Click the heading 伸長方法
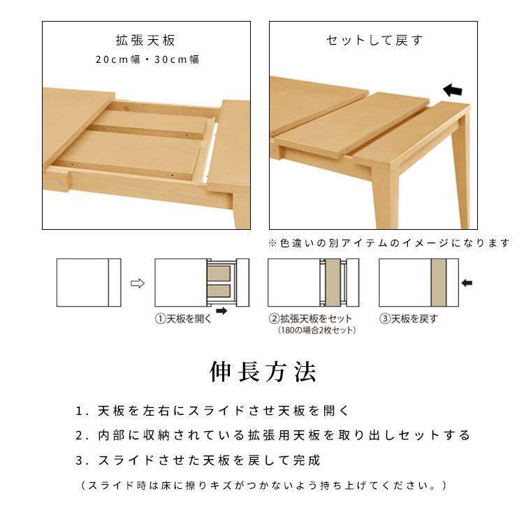point(263,370)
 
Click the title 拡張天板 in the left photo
point(148,40)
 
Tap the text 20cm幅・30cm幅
point(148,59)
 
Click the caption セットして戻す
point(374,40)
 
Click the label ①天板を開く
point(183,319)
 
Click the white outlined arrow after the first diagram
point(138,284)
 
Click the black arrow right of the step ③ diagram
point(467,283)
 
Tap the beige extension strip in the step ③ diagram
point(439,283)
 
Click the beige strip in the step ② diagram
point(332,283)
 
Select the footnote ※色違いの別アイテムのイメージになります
point(389,243)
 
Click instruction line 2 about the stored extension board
point(273,435)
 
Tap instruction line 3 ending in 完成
point(199,460)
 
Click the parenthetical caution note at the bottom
point(263,484)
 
